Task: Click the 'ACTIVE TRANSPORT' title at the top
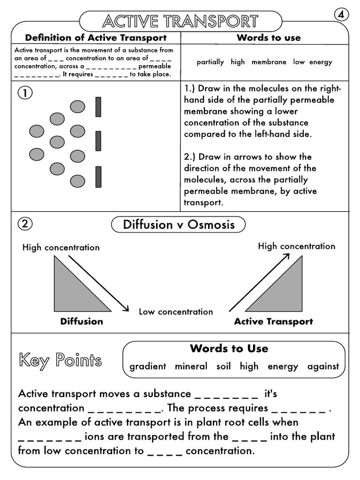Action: [x=180, y=21]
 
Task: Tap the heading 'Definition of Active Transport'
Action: [x=96, y=37]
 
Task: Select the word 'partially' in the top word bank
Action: [x=210, y=62]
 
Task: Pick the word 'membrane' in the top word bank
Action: [x=269, y=62]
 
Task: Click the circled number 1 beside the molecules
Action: [x=25, y=93]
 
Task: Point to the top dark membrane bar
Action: [x=98, y=106]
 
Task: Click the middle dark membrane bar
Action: [x=98, y=141]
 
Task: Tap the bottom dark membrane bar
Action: [x=98, y=177]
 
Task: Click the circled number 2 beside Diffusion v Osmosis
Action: [x=25, y=224]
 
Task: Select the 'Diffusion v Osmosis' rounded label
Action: [x=179, y=225]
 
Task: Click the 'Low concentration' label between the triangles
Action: [x=176, y=312]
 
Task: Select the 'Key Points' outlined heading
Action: [x=60, y=360]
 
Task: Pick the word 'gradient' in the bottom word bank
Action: [x=148, y=367]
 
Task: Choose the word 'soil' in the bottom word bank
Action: [x=224, y=367]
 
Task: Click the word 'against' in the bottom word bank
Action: [x=323, y=367]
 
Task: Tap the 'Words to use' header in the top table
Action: [x=269, y=37]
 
